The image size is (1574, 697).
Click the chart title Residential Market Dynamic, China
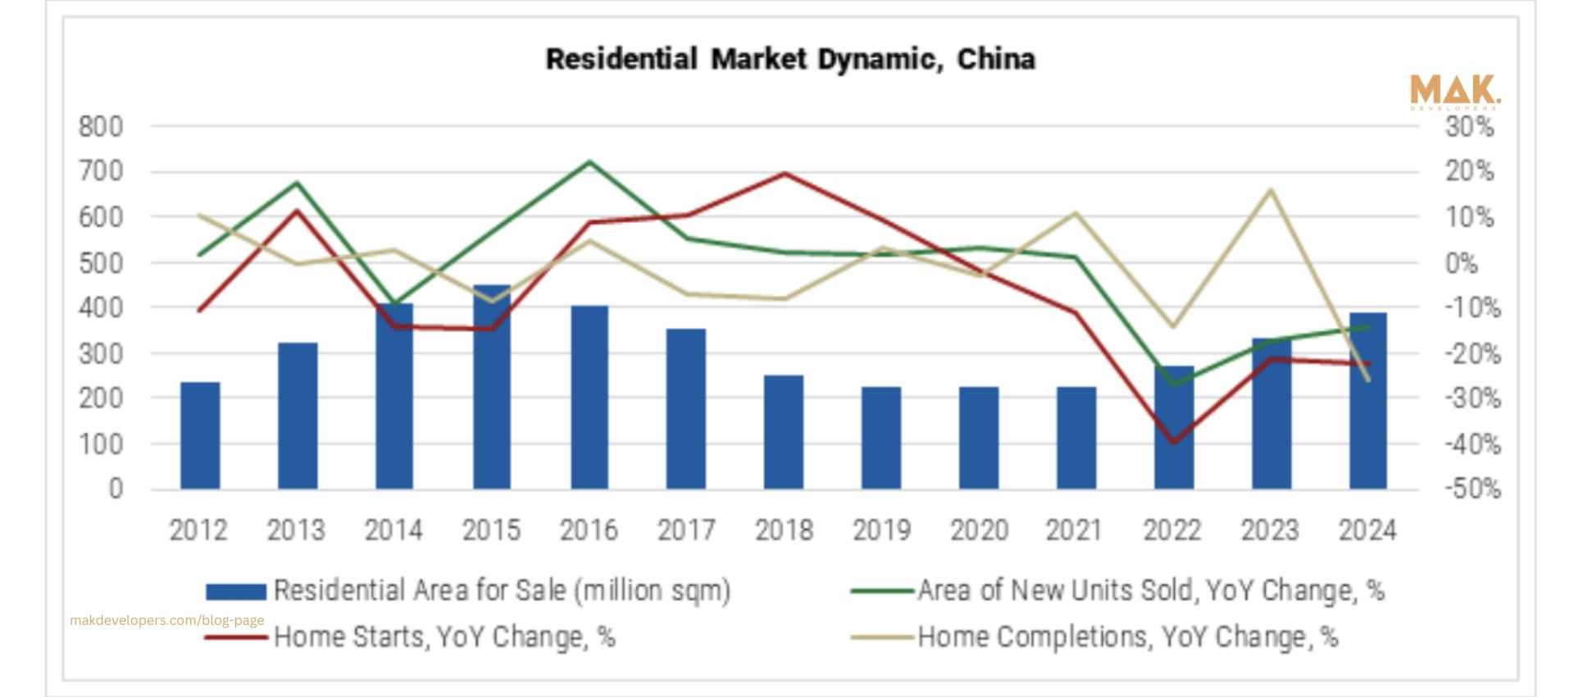click(x=790, y=59)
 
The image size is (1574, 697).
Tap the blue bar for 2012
click(x=200, y=435)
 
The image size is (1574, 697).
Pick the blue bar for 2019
click(x=881, y=438)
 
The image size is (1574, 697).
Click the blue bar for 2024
click(x=1368, y=402)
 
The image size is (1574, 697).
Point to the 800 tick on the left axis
click(x=100, y=127)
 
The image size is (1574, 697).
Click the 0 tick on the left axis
click(x=116, y=489)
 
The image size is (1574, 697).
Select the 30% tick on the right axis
click(x=1469, y=127)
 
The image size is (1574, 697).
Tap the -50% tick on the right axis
click(x=1472, y=489)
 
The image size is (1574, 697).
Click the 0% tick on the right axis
click(x=1461, y=263)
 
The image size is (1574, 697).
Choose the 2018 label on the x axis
click(x=784, y=531)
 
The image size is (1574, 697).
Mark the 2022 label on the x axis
click(x=1172, y=531)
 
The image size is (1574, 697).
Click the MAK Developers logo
click(x=1454, y=92)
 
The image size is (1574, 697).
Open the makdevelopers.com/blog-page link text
click(x=167, y=620)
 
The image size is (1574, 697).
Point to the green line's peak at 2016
click(x=589, y=162)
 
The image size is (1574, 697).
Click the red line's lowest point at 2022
click(x=1174, y=443)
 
